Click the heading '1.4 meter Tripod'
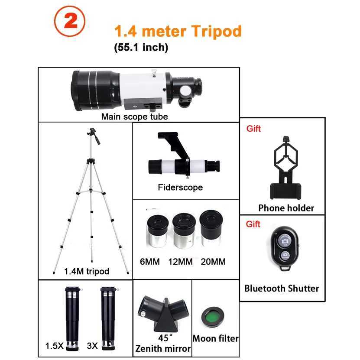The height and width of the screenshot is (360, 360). click(x=178, y=31)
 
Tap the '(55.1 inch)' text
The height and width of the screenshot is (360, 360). click(x=141, y=47)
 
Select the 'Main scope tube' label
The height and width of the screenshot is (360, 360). click(x=134, y=116)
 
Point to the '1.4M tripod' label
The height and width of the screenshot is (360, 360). click(x=87, y=272)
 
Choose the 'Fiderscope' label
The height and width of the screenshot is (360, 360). click(x=180, y=188)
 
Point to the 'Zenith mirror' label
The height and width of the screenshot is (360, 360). click(x=163, y=349)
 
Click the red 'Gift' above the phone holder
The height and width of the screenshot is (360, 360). click(x=253, y=129)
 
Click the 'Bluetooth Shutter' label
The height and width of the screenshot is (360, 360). click(x=282, y=288)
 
